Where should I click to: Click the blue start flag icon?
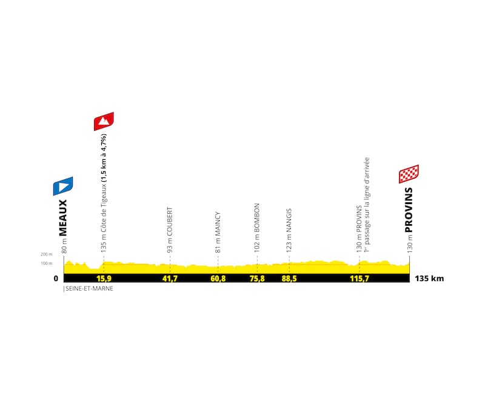(x=63, y=186)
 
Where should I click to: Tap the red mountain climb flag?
(x=104, y=121)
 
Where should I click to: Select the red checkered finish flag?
(x=409, y=174)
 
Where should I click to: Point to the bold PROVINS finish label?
(x=409, y=210)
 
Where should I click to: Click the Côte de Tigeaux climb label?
(x=104, y=193)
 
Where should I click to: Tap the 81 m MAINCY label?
(x=218, y=232)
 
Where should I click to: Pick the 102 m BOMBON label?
(x=257, y=227)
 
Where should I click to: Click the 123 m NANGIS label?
(x=289, y=230)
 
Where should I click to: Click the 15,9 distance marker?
(x=104, y=279)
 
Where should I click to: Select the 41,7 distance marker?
(x=170, y=279)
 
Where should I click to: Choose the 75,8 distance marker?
(x=257, y=279)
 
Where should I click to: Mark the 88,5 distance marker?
(x=289, y=279)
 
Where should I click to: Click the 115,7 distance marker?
(x=359, y=279)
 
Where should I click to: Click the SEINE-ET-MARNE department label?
(x=89, y=289)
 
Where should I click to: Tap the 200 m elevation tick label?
(x=47, y=254)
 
